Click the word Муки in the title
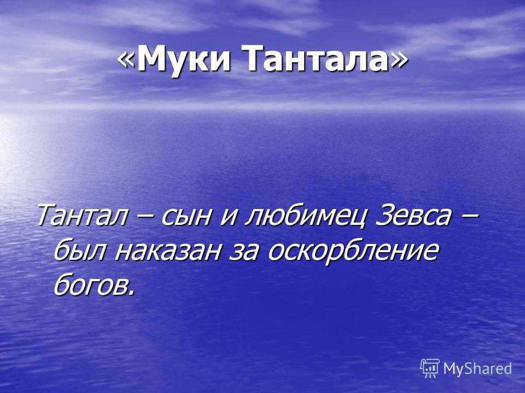pyautogui.click(x=184, y=59)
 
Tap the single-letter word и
pyautogui.click(x=229, y=217)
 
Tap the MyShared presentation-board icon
pyautogui.click(x=430, y=368)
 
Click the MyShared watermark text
pyautogui.click(x=477, y=368)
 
